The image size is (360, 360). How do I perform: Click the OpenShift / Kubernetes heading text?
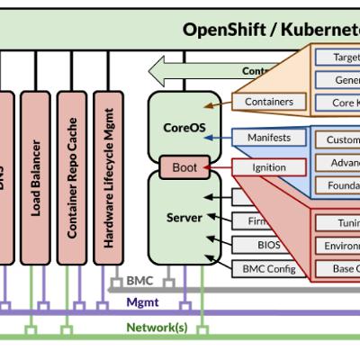pos(270,29)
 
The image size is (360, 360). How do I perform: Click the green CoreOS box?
pos(184,126)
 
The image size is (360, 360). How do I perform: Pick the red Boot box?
pos(184,167)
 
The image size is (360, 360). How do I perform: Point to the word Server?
pos(184,218)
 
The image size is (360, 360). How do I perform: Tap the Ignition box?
pos(269,167)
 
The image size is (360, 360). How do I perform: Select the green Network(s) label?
pos(157,327)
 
